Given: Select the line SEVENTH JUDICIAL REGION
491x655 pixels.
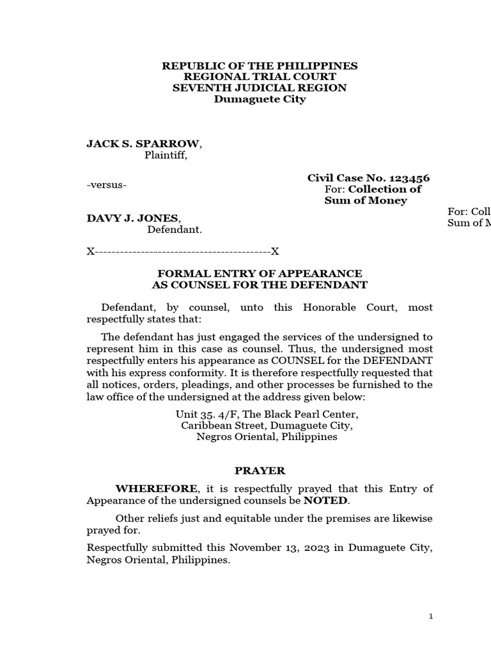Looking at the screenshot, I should point(260,88).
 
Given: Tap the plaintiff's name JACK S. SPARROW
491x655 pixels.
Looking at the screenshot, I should point(144,143).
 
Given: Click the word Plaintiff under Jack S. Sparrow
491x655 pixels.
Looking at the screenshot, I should point(166,155).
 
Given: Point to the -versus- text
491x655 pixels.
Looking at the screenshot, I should point(107,185).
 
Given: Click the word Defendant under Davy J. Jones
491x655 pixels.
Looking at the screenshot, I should point(175,230).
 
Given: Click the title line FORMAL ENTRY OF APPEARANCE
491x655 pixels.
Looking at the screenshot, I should point(260,273).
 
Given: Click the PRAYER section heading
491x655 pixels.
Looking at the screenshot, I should point(260,471).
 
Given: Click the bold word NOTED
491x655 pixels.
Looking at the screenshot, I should point(326,500).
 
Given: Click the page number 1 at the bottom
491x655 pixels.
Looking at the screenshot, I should point(431,616).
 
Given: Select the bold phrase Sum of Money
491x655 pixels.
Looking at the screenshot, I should point(366,200).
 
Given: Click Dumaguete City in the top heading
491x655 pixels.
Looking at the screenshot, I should point(260,99).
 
